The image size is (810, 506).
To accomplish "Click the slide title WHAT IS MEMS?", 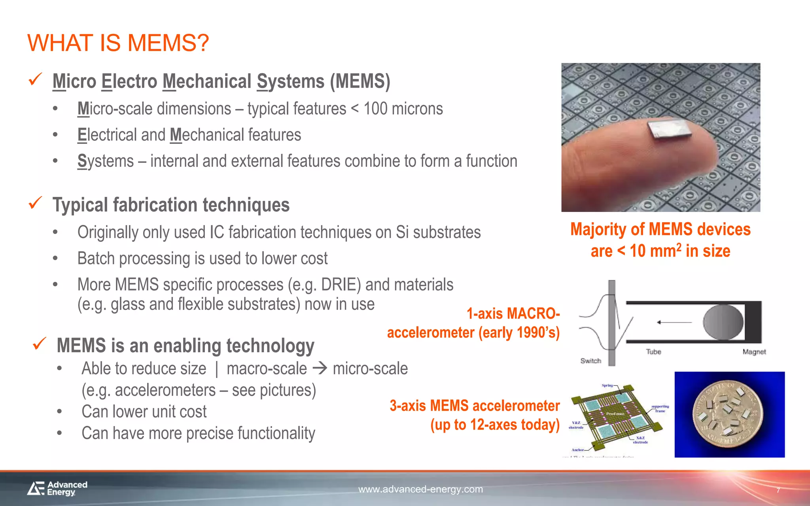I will pos(118,43).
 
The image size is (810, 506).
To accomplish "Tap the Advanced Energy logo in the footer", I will pos(58,488).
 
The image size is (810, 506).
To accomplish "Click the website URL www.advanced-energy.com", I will pos(420,489).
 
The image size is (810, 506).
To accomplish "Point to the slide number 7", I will pos(778,491).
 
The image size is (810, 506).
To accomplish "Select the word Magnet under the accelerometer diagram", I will pos(754,352).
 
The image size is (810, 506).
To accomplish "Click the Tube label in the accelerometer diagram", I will pos(653,351).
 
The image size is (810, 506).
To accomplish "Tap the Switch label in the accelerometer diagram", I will pos(590,361).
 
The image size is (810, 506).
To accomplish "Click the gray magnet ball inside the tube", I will pos(723,322).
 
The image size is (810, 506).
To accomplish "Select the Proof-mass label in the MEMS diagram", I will pos(615,414).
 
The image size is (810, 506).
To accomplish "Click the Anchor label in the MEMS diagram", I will pos(577,450).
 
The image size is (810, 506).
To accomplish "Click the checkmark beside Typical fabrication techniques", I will pos(36,203).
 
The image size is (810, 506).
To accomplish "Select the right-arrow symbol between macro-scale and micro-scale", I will pos(320,368).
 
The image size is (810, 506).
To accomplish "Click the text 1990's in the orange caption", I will pos(538,333).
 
